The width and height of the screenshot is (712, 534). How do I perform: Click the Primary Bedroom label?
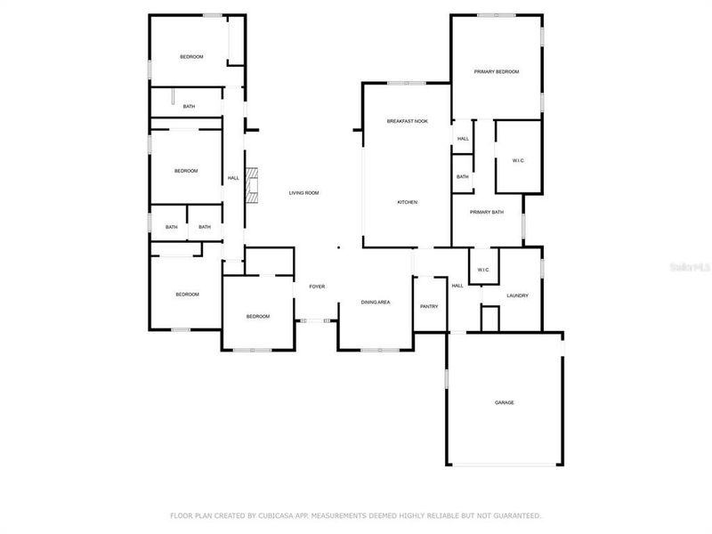click(x=496, y=71)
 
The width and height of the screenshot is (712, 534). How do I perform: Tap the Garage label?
click(x=504, y=402)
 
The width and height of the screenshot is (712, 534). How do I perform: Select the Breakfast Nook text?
click(x=407, y=120)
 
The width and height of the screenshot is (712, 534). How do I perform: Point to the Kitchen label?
click(x=407, y=202)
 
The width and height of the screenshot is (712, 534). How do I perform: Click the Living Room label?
click(x=303, y=192)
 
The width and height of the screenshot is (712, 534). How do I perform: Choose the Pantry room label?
click(x=429, y=306)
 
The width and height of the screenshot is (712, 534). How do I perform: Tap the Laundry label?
click(x=517, y=295)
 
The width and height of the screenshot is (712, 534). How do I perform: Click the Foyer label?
click(x=317, y=287)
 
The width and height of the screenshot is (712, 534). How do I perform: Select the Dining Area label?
click(x=375, y=303)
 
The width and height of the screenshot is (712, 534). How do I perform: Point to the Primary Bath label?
click(x=487, y=212)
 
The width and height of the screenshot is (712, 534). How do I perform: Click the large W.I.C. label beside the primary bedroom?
click(x=518, y=160)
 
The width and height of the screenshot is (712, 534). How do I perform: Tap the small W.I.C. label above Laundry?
click(x=483, y=270)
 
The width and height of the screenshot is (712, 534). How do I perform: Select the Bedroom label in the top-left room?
click(x=191, y=57)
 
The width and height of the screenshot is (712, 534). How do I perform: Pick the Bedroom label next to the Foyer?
click(x=257, y=316)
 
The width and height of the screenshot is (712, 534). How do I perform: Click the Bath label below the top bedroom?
click(x=189, y=107)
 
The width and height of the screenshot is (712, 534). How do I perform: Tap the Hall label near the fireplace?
click(x=233, y=178)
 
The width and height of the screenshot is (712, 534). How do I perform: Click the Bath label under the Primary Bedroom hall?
click(x=463, y=177)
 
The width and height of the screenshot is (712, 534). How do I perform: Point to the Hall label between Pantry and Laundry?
click(x=457, y=286)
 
